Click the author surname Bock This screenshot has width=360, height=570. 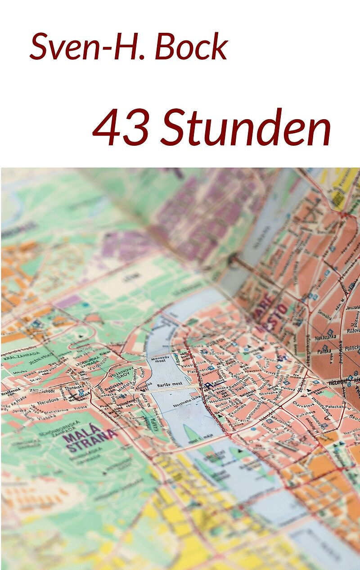[191, 46]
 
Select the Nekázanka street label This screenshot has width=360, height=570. [326, 337]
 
